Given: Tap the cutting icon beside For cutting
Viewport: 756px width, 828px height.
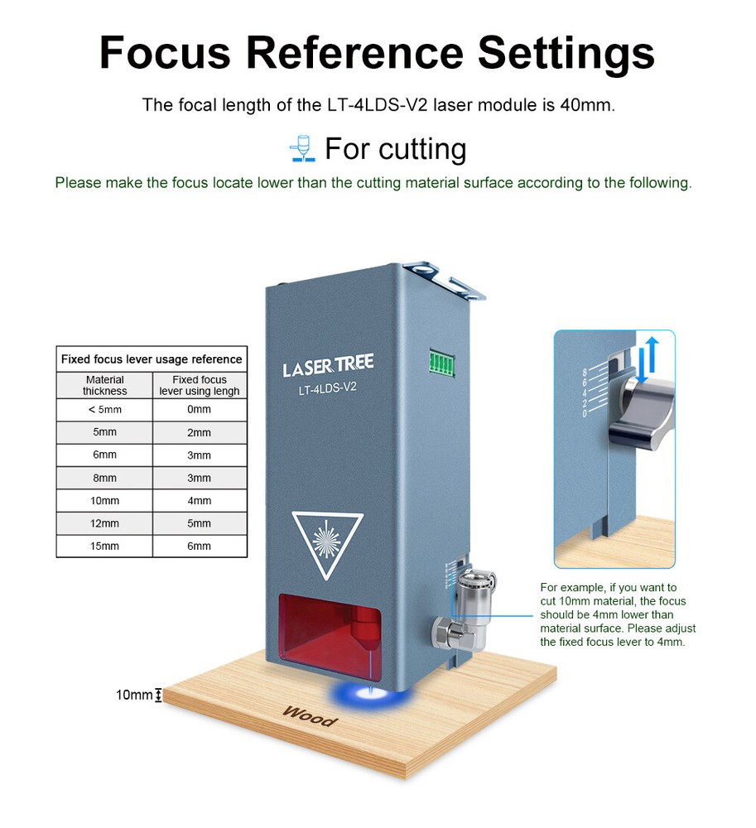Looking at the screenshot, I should (x=301, y=149).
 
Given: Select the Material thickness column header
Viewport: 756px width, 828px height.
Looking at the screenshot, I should (x=104, y=385).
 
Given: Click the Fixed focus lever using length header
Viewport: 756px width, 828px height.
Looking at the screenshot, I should (x=200, y=385).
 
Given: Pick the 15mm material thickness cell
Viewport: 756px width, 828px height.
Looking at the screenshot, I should (x=104, y=546).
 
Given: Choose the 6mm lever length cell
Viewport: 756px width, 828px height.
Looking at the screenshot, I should (x=200, y=546).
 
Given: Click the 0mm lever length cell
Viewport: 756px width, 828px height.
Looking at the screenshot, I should (x=200, y=409).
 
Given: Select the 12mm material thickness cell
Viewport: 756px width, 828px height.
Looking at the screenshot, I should (x=104, y=523).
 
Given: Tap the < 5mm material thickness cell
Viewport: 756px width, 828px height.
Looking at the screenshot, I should (x=104, y=409).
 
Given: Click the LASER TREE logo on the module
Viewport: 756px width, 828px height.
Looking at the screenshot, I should (x=328, y=368).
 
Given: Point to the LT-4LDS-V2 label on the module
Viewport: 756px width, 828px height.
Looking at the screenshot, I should (x=328, y=390).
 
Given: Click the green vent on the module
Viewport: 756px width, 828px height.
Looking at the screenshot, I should (x=439, y=362).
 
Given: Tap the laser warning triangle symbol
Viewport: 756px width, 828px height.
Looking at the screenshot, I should (x=327, y=543).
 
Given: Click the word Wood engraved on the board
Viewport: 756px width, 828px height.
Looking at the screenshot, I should (x=310, y=715).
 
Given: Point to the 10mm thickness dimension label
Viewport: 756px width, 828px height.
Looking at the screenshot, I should (x=135, y=695).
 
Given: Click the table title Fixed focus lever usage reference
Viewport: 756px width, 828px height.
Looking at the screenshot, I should (x=152, y=359).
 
